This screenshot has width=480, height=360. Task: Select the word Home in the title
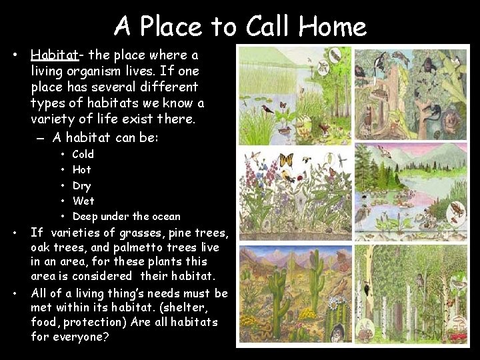332,27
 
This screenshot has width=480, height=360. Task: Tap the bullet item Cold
83,154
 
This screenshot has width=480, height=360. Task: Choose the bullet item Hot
81,169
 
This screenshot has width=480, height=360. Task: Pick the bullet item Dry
81,185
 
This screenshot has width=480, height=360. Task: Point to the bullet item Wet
83,201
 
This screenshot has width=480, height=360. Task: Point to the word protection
93,322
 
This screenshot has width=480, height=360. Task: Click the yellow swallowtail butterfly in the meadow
286,161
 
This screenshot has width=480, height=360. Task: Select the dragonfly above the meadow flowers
340,160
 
